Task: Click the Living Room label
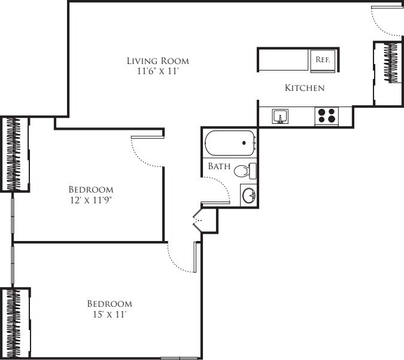tap(158, 60)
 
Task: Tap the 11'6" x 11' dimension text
tap(158, 71)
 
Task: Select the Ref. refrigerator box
tap(323, 60)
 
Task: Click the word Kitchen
tap(304, 88)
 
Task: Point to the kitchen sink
tap(280, 116)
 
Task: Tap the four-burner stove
tap(326, 115)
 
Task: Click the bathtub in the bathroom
tap(230, 144)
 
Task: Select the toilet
tap(244, 171)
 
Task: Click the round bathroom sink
tap(249, 196)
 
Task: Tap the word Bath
tap(219, 166)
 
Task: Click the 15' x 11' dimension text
tap(109, 314)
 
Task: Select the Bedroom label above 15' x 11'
tap(110, 303)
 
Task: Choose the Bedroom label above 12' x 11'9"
tap(91, 190)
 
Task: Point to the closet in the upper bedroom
tap(17, 154)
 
